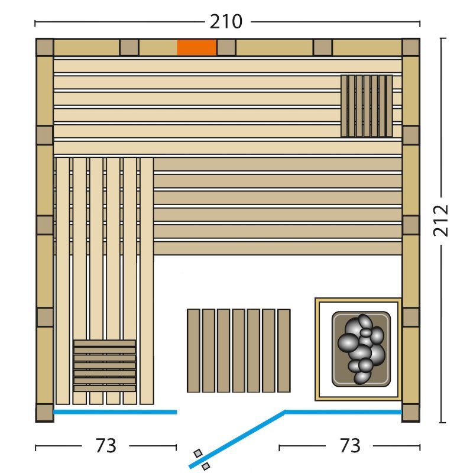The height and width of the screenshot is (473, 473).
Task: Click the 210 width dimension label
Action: click(x=226, y=22)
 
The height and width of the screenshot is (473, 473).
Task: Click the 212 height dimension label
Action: click(x=440, y=221)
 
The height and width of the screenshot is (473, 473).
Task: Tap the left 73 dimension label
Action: click(x=106, y=446)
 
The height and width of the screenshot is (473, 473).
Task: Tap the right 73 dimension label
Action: click(x=350, y=446)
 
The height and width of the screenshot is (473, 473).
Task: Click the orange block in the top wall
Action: click(x=197, y=48)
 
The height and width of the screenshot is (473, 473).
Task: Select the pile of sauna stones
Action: click(x=361, y=349)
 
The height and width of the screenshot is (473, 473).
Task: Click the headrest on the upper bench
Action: click(x=367, y=106)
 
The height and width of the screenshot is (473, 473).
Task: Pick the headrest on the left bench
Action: click(x=105, y=365)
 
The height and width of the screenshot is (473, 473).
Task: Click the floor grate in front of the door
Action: click(x=239, y=351)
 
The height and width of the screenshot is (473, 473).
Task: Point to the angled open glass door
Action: click(x=237, y=439)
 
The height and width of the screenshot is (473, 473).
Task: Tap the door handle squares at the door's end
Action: click(x=202, y=459)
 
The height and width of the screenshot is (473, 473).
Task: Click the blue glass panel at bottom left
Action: click(x=115, y=412)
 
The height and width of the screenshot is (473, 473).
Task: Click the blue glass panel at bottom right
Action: click(x=344, y=412)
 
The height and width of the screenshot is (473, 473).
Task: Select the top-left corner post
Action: click(x=45, y=47)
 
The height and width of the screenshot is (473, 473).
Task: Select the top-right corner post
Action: click(x=411, y=47)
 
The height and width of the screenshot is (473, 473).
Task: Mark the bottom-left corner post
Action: click(x=45, y=413)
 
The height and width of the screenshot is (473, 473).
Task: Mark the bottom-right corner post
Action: click(x=411, y=413)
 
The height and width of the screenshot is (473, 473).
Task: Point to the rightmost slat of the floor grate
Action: click(x=284, y=351)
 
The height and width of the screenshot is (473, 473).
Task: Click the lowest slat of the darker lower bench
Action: click(x=277, y=248)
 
